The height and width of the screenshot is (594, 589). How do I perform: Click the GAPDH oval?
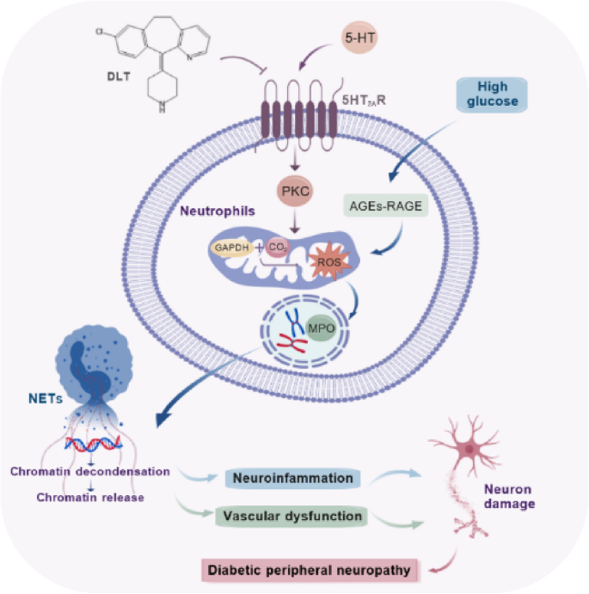point(230,248)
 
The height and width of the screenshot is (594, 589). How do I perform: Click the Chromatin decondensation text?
point(90,472)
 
